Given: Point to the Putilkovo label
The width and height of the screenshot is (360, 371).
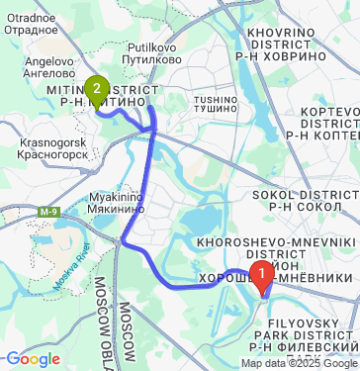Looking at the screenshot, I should (x=151, y=46).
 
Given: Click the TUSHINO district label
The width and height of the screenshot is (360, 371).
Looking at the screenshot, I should (x=216, y=100).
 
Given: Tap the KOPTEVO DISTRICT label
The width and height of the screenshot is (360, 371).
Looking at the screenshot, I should (x=321, y=117).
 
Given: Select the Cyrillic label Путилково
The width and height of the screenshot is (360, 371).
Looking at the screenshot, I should (x=151, y=59).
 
